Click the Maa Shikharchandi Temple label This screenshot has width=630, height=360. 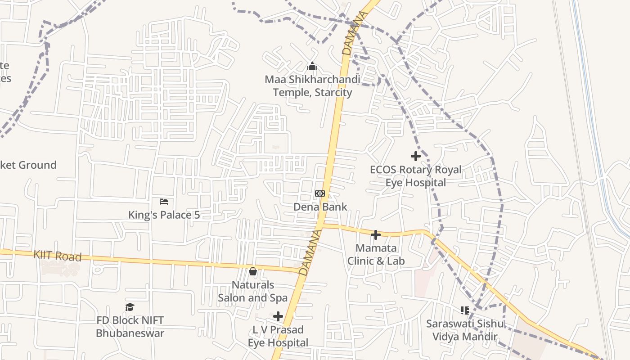[312, 86]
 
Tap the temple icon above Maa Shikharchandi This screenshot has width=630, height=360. [312, 67]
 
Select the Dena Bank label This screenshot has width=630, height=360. [320, 207]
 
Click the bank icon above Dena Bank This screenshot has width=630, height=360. [319, 193]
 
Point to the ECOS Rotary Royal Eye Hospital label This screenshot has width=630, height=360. [415, 176]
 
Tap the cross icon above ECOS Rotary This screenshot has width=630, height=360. [416, 156]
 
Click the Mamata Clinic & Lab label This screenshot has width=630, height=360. [376, 254]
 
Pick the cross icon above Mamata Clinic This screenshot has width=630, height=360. [376, 234]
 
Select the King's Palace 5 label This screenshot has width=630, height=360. [164, 215]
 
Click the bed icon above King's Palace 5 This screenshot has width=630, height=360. [164, 201]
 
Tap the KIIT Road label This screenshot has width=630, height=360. [57, 256]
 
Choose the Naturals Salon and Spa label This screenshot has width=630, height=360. [252, 291]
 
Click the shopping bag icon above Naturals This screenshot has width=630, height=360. [253, 271]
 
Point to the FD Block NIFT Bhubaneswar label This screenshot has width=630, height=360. [130, 327]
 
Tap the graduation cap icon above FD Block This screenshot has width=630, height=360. [130, 307]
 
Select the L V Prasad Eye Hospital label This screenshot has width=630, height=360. [278, 336]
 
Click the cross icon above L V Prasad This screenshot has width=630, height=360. [278, 316]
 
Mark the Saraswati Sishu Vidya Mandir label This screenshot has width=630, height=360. [465, 330]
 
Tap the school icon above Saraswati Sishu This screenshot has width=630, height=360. [465, 310]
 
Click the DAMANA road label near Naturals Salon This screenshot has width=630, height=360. [310, 252]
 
